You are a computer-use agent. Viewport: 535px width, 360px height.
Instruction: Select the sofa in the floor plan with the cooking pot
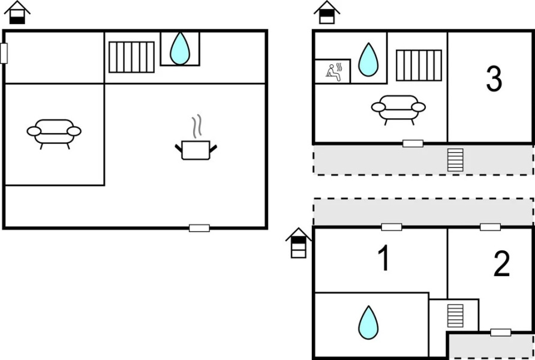click(54, 133)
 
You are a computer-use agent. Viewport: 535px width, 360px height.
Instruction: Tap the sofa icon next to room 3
click(398, 109)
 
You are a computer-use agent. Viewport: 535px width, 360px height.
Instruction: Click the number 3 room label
click(494, 80)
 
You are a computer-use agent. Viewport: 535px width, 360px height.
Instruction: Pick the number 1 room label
click(383, 259)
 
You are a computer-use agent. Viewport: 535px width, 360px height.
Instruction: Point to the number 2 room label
click(501, 264)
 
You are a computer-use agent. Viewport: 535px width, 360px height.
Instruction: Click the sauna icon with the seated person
click(332, 71)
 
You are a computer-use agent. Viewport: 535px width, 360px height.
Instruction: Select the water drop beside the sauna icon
click(368, 59)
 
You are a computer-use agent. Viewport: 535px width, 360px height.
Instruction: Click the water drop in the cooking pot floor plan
click(179, 49)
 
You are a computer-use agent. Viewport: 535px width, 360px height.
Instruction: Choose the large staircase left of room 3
click(419, 65)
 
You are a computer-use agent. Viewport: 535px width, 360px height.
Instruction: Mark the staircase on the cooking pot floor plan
click(131, 57)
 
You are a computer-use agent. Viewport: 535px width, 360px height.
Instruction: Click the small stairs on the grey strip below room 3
click(455, 160)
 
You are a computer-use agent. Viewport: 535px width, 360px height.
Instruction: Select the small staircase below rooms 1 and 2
click(455, 316)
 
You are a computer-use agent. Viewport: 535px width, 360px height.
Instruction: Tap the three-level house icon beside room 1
click(298, 242)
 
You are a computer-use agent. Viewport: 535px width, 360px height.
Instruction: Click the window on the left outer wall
click(4, 53)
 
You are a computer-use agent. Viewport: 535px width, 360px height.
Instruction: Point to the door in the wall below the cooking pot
click(199, 228)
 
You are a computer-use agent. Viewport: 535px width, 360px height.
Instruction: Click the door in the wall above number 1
click(391, 227)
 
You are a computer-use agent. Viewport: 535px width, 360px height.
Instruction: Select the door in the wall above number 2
click(490, 227)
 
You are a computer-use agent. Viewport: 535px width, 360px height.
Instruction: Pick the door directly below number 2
click(500, 332)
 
